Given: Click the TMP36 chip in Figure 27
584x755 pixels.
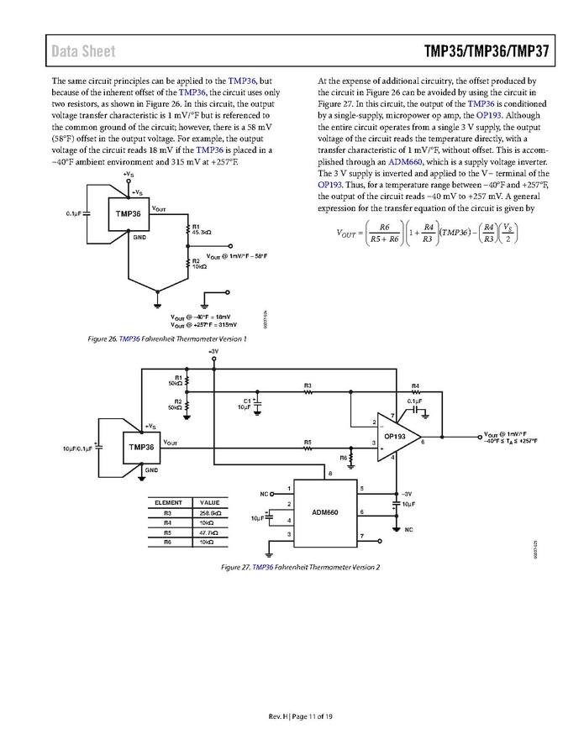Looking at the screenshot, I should pyautogui.click(x=141, y=447).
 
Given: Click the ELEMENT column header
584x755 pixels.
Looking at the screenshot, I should pyautogui.click(x=168, y=502).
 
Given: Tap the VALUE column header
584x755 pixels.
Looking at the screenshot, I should pyautogui.click(x=210, y=502).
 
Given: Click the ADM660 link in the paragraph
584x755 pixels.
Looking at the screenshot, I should pyautogui.click(x=382, y=161).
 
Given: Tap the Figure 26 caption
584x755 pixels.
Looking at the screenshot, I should pyautogui.click(x=166, y=339).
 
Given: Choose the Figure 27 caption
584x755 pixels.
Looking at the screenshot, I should pyautogui.click(x=300, y=567).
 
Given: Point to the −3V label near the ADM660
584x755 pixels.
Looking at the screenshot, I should pyautogui.click(x=408, y=494).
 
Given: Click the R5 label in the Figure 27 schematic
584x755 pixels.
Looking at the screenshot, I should pyautogui.click(x=308, y=441).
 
